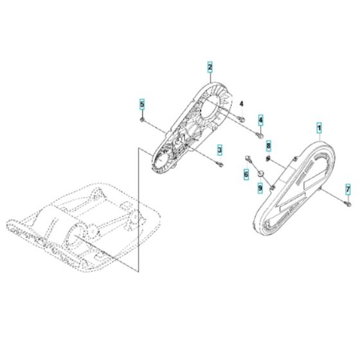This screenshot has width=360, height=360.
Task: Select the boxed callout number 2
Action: tap(210, 66)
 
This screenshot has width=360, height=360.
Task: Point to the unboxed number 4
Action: tap(242, 104)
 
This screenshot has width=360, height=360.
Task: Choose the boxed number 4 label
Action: tap(260, 120)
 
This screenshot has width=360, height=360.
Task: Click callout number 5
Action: tap(143, 103)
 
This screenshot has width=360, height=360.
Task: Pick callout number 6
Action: tap(246, 174)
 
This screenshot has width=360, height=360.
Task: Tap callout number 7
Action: tap(348, 189)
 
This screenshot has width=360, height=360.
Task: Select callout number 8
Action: tap(269, 145)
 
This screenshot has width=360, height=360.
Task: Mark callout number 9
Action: tap(260, 188)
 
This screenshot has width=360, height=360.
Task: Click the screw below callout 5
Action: tap(141, 120)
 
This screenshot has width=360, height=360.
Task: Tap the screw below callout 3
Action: tap(221, 165)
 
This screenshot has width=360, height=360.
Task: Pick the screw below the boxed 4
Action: tap(260, 134)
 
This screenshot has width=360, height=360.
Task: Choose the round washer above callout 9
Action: tap(260, 174)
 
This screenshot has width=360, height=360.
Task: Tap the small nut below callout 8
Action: tap(269, 159)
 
